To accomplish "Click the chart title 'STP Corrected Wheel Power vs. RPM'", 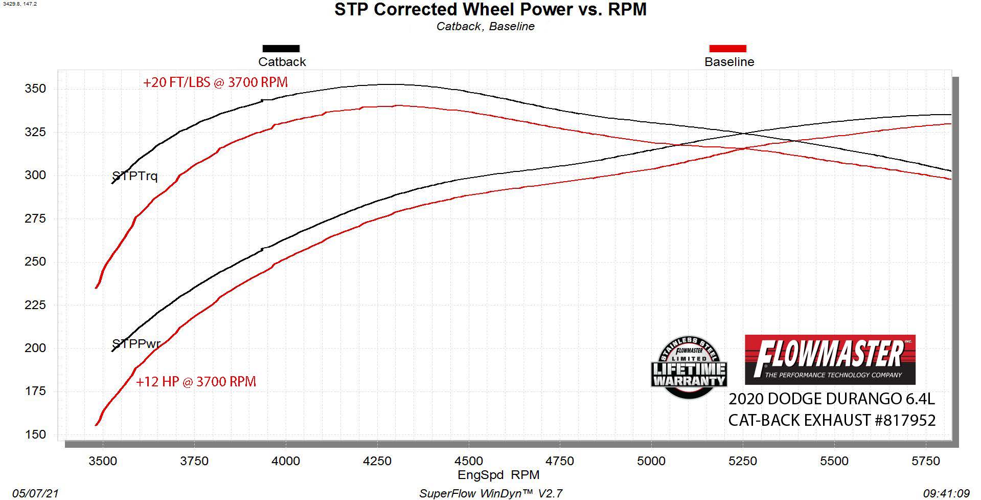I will click(490, 10).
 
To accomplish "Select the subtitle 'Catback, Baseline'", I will click(485, 27).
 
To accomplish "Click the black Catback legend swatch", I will click(281, 49).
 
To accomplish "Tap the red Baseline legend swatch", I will click(727, 49).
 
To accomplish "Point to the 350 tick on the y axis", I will click(35, 89).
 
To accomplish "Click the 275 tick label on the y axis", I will click(35, 219).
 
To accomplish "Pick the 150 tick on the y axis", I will click(35, 434).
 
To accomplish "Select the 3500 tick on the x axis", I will click(103, 461).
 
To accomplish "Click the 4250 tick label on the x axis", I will click(377, 461).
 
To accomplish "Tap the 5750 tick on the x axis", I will click(925, 461).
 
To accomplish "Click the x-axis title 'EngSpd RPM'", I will click(498, 475).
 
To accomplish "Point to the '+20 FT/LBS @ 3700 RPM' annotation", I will click(215, 82).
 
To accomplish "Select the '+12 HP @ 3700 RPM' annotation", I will click(196, 382).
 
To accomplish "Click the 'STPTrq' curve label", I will click(135, 177).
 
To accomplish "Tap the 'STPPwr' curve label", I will click(136, 344).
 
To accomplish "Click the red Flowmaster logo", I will click(830, 359).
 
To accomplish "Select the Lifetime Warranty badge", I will click(689, 368).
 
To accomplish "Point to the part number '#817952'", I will click(905, 421).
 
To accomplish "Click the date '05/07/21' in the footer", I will click(35, 493).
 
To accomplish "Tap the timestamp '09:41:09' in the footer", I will click(946, 493).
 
